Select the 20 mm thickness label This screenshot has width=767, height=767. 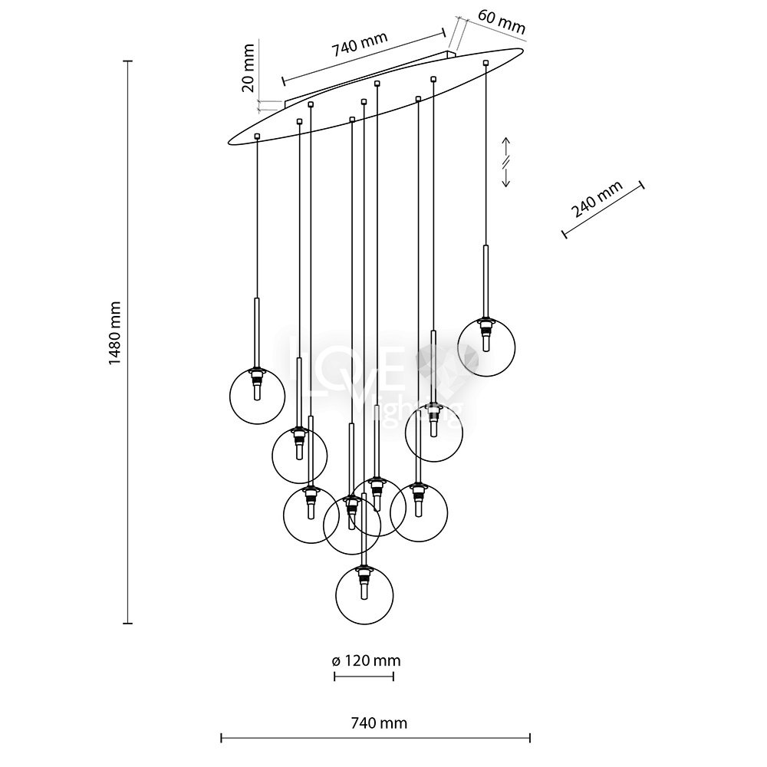248,74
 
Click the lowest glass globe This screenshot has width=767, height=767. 364,597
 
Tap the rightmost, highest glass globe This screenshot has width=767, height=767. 486,347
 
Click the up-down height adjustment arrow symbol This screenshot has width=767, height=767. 506,162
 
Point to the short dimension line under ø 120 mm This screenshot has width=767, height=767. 364,676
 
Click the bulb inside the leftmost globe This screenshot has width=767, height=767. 258,390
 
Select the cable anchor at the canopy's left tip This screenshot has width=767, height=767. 257,137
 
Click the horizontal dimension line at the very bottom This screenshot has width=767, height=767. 376,739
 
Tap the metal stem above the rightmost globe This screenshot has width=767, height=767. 486,280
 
